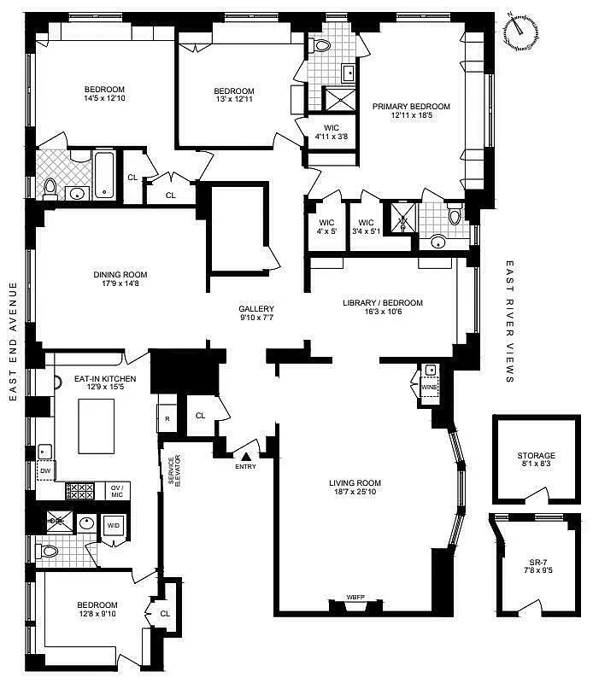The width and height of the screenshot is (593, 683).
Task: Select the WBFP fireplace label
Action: pos(355,597)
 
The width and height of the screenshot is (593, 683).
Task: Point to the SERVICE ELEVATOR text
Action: pos(173,470)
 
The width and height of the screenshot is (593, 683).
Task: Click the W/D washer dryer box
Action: pos(113,527)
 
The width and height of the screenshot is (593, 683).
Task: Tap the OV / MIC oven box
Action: pos(117,490)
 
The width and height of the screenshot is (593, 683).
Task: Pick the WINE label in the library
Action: pos(429,387)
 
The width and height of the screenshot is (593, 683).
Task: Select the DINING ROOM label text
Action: pos(120,275)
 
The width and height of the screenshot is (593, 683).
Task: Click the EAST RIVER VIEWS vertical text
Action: pos(510,322)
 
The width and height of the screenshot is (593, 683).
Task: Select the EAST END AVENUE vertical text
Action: pos(15,341)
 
